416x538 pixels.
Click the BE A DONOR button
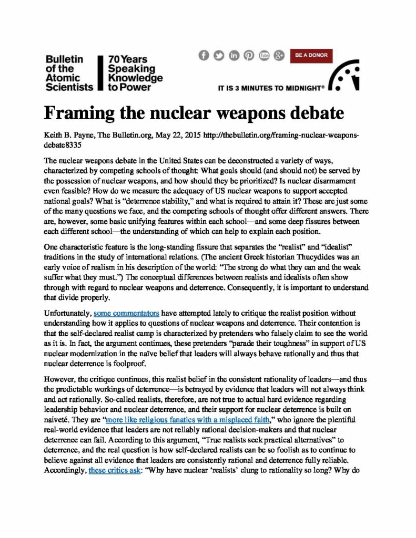pyautogui.click(x=311, y=55)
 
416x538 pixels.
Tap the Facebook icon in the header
pyautogui.click(x=204, y=55)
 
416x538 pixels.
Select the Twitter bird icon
pyautogui.click(x=219, y=55)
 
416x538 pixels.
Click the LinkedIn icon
pyautogui.click(x=234, y=55)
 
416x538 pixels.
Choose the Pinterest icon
pyautogui.click(x=249, y=55)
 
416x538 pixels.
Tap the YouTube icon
pyautogui.click(x=264, y=55)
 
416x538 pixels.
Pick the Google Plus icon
pyautogui.click(x=279, y=55)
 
